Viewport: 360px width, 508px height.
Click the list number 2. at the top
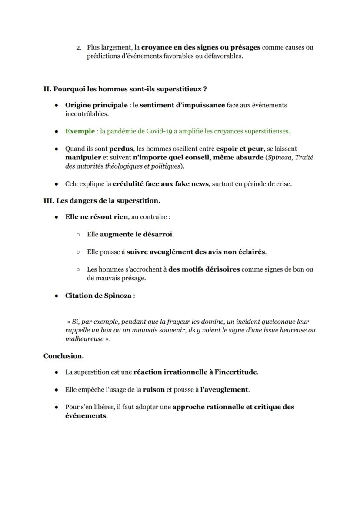[78, 47]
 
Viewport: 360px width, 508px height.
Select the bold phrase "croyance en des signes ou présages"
[200, 47]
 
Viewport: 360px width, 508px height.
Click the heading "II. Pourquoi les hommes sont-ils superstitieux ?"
[125, 89]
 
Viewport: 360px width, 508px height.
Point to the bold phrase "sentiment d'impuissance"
[182, 105]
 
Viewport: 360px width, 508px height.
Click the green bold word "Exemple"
[80, 131]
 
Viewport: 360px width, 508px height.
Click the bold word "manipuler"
[83, 157]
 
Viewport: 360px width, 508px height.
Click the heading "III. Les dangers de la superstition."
[102, 201]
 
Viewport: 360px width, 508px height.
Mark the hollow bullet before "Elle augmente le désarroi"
[78, 234]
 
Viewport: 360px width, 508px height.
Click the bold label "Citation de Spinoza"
[98, 296]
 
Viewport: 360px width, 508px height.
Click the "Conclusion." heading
[63, 356]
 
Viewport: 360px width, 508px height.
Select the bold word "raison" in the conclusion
[153, 390]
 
